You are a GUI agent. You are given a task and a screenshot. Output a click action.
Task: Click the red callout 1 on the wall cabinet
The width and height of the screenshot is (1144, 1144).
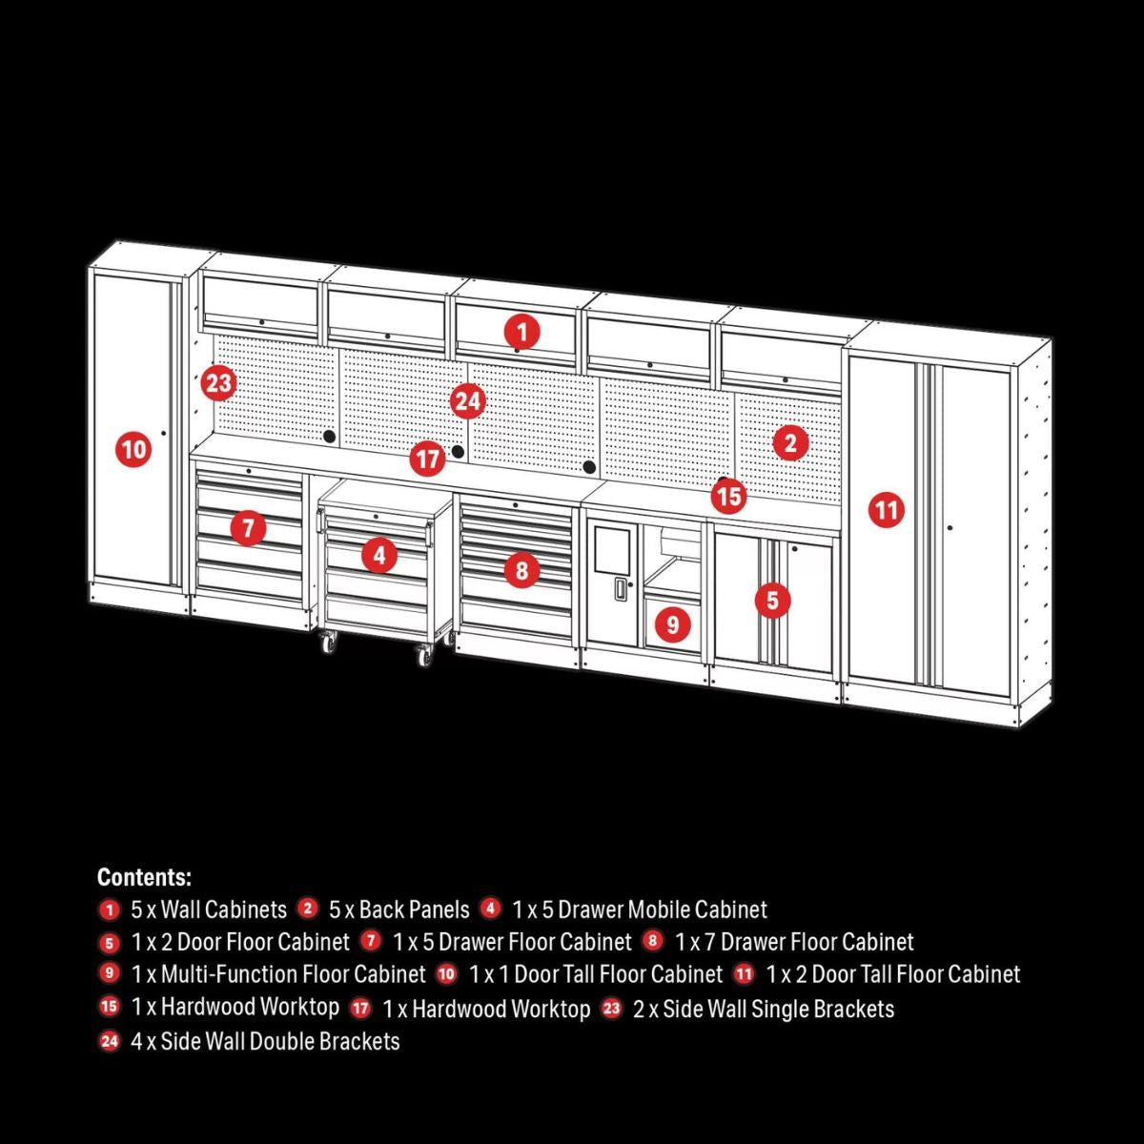[521, 332]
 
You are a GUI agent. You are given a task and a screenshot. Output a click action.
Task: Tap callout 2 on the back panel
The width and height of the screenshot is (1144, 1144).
[790, 442]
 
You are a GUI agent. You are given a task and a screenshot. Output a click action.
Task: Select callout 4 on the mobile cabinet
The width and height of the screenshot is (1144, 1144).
[379, 554]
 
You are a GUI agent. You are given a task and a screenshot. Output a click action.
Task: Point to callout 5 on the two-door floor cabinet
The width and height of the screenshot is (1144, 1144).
[772, 601]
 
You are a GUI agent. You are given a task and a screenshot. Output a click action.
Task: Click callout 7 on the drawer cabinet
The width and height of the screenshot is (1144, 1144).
[248, 526]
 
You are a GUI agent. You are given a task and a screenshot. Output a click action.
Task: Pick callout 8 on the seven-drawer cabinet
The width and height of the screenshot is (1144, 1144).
[521, 570]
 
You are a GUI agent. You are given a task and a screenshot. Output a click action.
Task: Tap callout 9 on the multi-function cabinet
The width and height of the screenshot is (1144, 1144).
[673, 624]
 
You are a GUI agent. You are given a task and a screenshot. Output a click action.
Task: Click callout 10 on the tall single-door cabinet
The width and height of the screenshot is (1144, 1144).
[134, 448]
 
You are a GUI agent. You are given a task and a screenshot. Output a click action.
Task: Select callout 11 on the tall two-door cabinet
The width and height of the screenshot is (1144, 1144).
[887, 510]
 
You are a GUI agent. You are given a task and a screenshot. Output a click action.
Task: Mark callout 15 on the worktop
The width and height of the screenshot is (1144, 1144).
[728, 496]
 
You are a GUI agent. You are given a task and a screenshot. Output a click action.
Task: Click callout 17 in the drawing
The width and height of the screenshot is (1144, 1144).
[428, 460]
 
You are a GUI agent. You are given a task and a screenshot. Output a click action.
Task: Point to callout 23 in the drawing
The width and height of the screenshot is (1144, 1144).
[218, 383]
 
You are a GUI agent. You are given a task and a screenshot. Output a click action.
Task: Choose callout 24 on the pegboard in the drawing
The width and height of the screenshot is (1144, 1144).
[467, 401]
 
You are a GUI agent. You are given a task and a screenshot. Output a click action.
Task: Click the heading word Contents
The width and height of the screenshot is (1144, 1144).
[144, 877]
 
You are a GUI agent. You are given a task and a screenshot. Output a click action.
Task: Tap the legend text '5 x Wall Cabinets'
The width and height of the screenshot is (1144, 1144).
[209, 909]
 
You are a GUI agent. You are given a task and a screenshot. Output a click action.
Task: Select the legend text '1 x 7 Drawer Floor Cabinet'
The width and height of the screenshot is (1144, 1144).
[794, 942]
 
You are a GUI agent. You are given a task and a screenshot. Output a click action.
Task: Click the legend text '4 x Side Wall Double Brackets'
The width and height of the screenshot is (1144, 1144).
[265, 1041]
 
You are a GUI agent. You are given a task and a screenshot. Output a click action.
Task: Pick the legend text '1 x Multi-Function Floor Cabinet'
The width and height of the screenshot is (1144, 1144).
[278, 974]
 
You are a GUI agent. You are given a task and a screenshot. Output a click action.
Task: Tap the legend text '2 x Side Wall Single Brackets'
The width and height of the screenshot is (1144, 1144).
[763, 1008]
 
